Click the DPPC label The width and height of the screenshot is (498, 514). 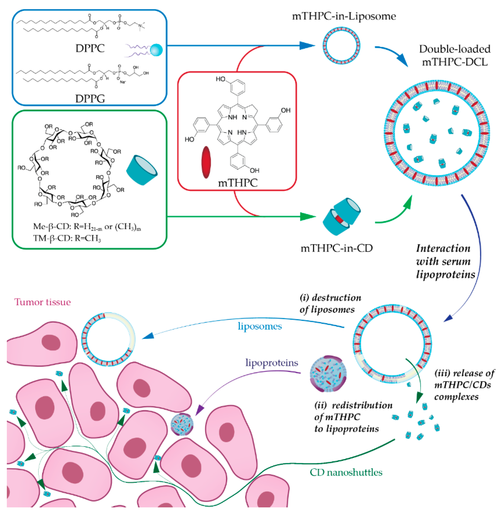(x=90, y=48)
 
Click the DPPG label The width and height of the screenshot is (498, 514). (x=90, y=99)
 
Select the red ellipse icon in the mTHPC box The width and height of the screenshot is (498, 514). (x=206, y=162)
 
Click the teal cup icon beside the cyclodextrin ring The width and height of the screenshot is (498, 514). (x=142, y=170)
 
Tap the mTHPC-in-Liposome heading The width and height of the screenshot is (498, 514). (x=344, y=16)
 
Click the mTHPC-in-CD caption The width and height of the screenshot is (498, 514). (x=337, y=248)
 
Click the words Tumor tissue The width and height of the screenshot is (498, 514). (x=43, y=302)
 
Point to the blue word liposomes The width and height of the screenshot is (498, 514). (x=260, y=326)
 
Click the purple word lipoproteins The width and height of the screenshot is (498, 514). (x=272, y=363)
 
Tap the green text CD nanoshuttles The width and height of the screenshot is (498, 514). (x=346, y=472)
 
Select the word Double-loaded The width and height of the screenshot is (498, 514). (x=455, y=49)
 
